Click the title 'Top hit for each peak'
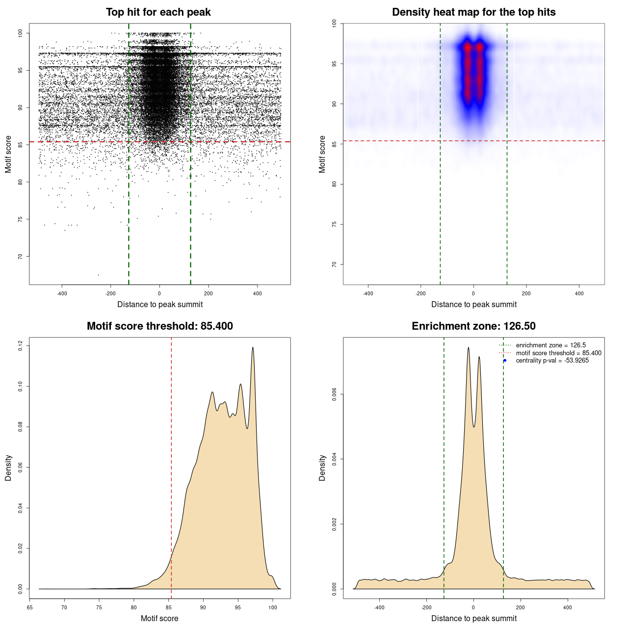coord(158,12)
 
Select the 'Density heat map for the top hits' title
coord(473,12)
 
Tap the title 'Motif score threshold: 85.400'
coord(159,326)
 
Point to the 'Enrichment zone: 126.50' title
coord(473,326)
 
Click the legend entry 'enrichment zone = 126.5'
coord(550,345)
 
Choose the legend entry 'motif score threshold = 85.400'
coord(558,353)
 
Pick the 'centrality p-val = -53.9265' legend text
coord(552,361)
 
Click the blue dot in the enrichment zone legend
coord(505,361)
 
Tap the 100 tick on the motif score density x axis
coord(273,607)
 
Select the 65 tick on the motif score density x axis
coord(30,607)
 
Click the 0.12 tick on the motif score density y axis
coord(20,346)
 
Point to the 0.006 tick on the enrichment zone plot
coord(334,394)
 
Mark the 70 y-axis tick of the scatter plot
coord(20,256)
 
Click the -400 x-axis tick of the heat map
coord(368,293)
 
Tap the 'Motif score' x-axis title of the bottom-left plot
coord(159,618)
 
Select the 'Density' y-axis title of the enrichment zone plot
coord(322,468)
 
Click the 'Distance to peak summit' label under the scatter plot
coord(160,304)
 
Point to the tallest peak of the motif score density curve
coord(253,348)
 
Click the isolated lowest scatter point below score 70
coord(98,275)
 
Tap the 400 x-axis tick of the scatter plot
coord(257,293)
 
